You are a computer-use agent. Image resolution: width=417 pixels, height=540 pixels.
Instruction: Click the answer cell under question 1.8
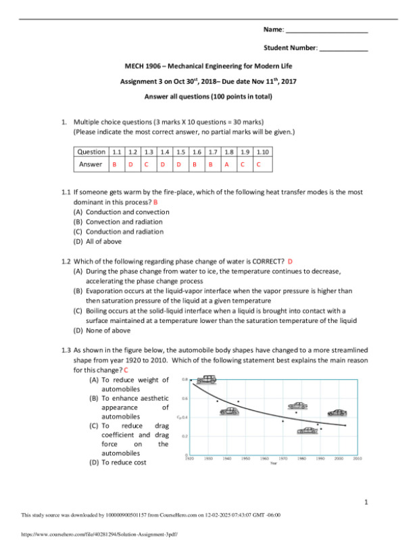[226, 164]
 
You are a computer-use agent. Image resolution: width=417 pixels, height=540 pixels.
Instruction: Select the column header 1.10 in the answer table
[262, 152]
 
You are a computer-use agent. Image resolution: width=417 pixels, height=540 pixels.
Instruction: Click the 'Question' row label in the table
[91, 152]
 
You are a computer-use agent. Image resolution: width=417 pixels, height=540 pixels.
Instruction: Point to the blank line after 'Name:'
[327, 31]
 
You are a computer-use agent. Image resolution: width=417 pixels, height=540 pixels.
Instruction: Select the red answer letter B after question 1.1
[155, 202]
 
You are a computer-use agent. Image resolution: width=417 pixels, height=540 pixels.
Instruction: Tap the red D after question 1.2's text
[290, 262]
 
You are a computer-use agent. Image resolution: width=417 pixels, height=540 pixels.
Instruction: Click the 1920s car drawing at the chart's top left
[201, 382]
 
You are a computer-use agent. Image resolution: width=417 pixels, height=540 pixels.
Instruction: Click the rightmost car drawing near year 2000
[337, 412]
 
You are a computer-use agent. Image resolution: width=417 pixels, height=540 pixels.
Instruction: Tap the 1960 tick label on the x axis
[264, 458]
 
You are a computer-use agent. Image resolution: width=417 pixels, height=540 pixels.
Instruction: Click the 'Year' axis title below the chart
[274, 464]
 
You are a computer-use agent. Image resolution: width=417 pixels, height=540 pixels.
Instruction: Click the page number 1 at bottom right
[365, 502]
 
